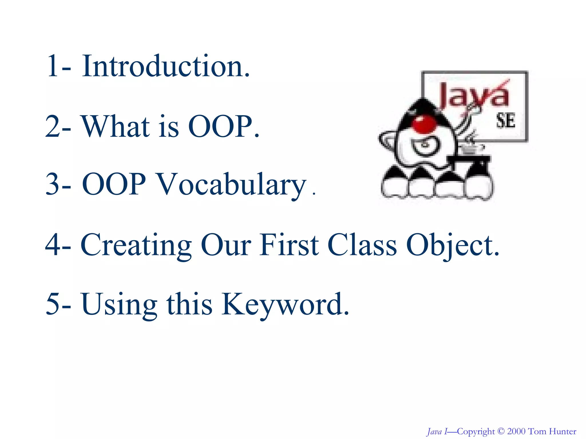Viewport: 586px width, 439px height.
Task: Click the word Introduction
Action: pyautogui.click(x=166, y=67)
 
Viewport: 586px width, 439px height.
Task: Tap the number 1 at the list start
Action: pyautogui.click(x=53, y=67)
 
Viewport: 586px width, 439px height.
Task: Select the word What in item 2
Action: pyautogui.click(x=116, y=127)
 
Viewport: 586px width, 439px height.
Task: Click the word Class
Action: pyautogui.click(x=362, y=245)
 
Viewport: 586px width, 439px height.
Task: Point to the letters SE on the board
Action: pyautogui.click(x=506, y=120)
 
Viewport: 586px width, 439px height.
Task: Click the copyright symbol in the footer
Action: pyautogui.click(x=501, y=431)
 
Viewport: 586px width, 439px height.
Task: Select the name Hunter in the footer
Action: pyautogui.click(x=563, y=431)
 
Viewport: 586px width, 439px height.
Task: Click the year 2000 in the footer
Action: pyautogui.click(x=516, y=431)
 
